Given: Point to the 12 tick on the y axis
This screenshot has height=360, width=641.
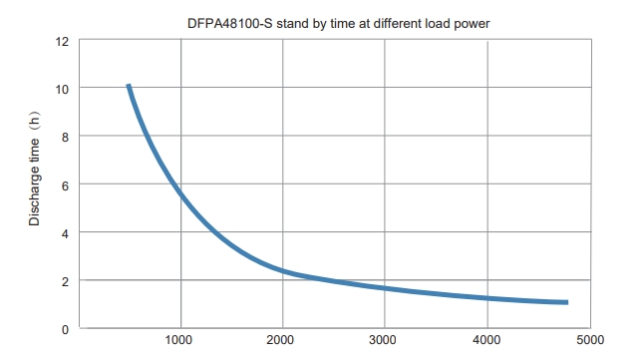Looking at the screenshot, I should click(62, 41).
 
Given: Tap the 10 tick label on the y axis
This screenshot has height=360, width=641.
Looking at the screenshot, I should click(62, 89).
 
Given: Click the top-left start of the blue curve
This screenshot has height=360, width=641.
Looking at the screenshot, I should click(129, 87).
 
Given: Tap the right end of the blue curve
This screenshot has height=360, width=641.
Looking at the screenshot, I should click(566, 302).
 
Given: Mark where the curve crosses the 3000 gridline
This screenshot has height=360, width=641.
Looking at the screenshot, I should click(385, 288).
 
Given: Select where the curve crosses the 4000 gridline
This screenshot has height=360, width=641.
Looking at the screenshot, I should click(487, 298).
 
